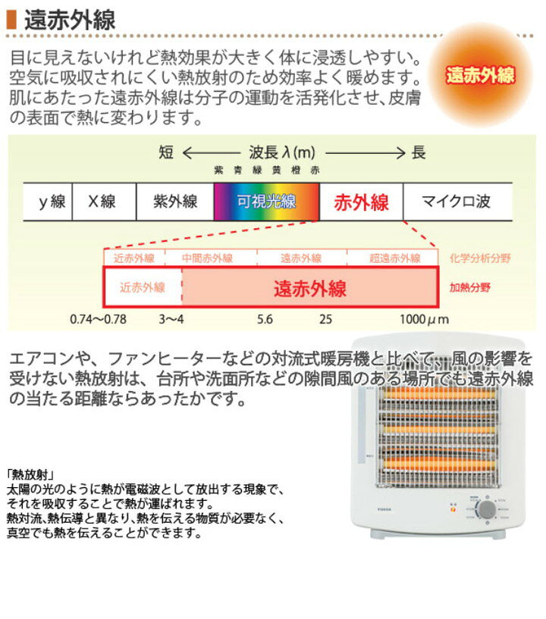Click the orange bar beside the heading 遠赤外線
[11, 20]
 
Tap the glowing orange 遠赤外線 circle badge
[481, 76]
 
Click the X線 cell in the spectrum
[103, 202]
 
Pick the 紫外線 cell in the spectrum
[175, 202]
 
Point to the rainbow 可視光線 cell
[266, 202]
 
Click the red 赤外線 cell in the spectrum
[361, 202]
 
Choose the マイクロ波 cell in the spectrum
[457, 202]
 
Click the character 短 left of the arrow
[166, 152]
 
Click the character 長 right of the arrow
[419, 152]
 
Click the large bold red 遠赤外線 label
[309, 288]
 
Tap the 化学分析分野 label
[480, 258]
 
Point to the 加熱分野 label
[470, 288]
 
